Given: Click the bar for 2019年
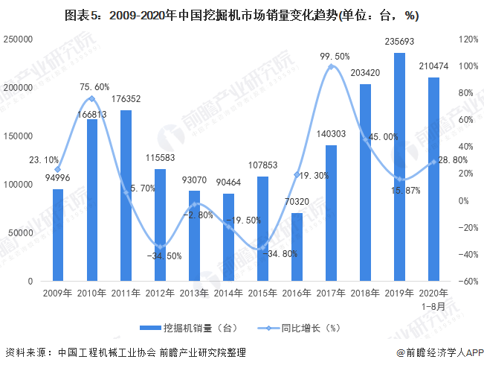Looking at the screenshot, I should click(x=399, y=168).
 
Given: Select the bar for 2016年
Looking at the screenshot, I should click(x=297, y=247).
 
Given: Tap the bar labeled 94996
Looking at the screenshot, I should click(x=57, y=235).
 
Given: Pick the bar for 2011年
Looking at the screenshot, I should click(x=126, y=196).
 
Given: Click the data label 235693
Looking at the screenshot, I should click(x=399, y=42).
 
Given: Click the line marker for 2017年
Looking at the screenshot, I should click(x=331, y=67).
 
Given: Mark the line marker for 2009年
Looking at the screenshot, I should click(x=57, y=170).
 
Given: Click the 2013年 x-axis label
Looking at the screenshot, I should click(x=194, y=292).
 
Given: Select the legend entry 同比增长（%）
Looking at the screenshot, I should click(x=301, y=327).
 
